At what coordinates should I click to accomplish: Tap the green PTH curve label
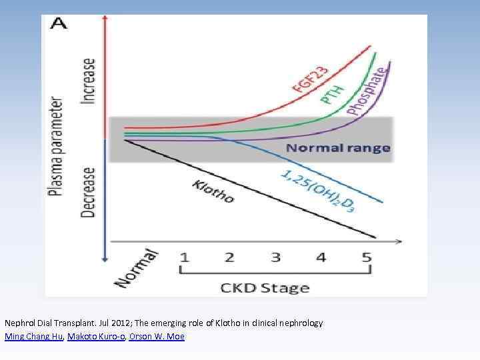(333, 93)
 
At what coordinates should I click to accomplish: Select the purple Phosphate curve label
(366, 90)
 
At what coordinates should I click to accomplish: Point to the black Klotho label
(213, 191)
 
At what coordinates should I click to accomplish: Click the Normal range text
(338, 148)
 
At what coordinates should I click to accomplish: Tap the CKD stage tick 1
(184, 257)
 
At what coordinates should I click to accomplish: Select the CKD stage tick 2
(229, 257)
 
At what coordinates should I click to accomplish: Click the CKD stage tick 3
(275, 257)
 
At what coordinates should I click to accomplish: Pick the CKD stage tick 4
(321, 257)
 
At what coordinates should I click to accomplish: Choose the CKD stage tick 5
(366, 257)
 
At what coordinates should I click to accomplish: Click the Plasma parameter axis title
(58, 147)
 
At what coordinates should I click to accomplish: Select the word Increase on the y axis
(89, 81)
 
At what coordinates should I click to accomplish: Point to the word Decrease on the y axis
(89, 191)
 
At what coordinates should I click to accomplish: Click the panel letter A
(59, 25)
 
